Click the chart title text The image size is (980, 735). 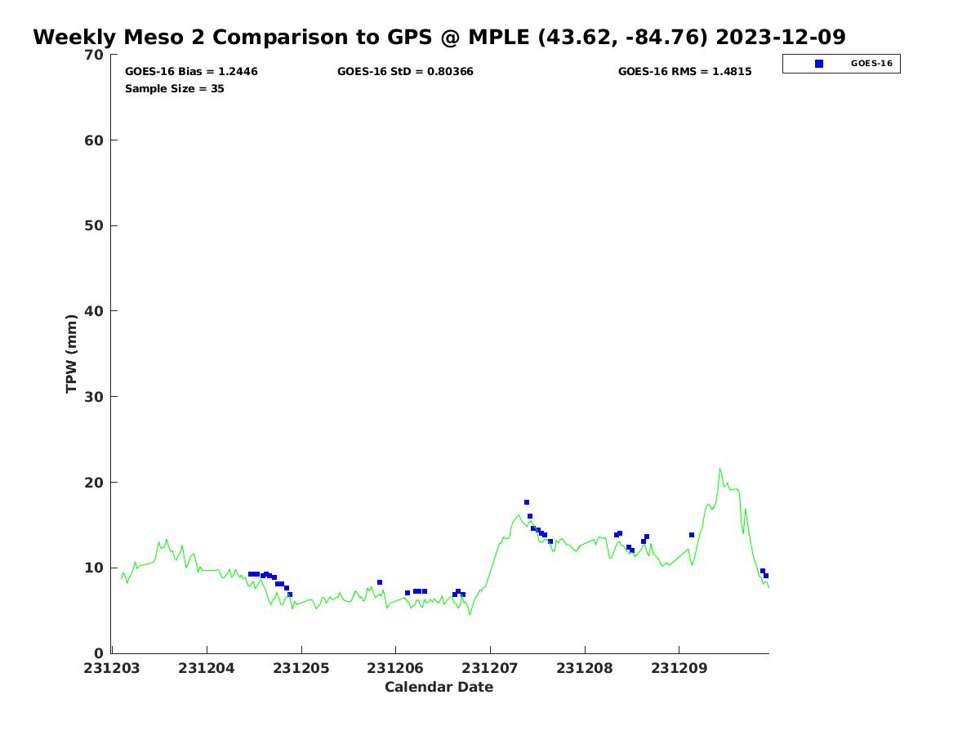[x=439, y=38]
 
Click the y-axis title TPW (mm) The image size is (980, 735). [x=72, y=353]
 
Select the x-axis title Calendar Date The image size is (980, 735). [x=439, y=687]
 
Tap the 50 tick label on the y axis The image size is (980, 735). [x=95, y=225]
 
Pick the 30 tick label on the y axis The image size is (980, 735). [x=95, y=397]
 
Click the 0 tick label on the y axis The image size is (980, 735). [x=99, y=653]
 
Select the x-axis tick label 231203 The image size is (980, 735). [x=112, y=668]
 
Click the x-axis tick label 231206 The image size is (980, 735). [x=395, y=668]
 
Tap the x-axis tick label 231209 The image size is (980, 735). [x=679, y=668]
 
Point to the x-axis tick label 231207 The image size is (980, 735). [x=490, y=668]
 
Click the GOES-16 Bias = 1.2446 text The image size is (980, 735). [x=191, y=72]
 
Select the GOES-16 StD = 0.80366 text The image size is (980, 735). [x=405, y=72]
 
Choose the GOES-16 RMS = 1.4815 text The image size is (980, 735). [x=684, y=72]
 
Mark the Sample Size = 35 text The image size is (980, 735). [x=175, y=89]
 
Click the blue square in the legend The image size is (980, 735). [x=819, y=64]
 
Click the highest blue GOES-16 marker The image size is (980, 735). [x=527, y=502]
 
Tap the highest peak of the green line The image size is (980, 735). [x=719, y=469]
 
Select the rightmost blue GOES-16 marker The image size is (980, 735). [x=766, y=576]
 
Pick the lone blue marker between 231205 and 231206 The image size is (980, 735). [x=380, y=582]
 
